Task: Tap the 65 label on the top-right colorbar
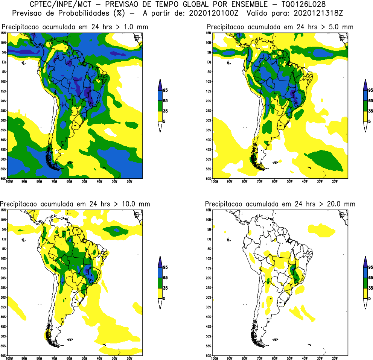370,101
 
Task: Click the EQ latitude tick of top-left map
4,62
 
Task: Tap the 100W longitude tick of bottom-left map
9,358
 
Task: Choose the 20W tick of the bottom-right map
335,358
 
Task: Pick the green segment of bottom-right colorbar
365,283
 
